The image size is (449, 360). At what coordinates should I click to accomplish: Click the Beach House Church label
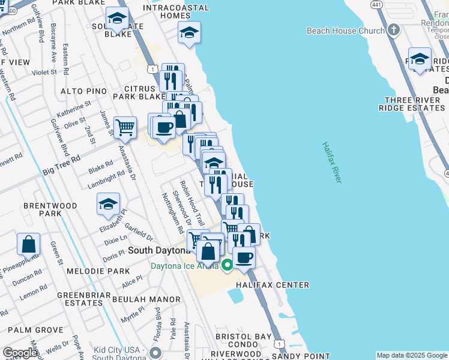pos(345,31)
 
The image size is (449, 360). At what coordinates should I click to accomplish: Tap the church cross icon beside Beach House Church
pos(393,30)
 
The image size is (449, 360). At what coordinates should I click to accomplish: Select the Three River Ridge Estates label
pos(411,104)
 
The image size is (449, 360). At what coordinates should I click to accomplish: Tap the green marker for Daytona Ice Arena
pos(227,265)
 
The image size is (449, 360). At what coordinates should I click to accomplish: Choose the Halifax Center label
pos(273,285)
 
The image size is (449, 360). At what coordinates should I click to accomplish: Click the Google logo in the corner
pos(20,353)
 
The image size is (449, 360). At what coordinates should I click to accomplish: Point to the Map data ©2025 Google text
pos(412,355)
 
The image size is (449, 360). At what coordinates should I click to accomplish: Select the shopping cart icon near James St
pos(124,127)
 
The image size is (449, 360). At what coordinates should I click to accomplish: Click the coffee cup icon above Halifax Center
pos(244,257)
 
